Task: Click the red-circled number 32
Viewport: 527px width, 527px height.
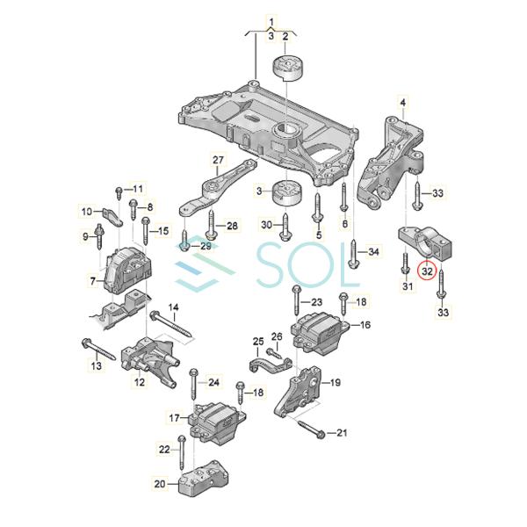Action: coord(428,271)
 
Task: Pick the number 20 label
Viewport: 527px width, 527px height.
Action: coord(159,483)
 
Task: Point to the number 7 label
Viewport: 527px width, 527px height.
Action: coord(92,281)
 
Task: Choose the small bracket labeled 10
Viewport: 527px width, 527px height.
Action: coord(108,214)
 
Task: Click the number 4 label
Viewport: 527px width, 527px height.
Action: coord(403,103)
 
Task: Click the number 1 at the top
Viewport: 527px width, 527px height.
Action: coord(271,19)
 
